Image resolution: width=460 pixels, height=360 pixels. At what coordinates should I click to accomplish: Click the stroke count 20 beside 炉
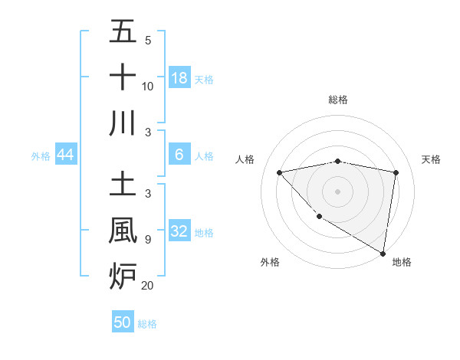[x=147, y=286]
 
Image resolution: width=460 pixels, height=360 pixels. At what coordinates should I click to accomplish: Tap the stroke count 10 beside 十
[x=147, y=86]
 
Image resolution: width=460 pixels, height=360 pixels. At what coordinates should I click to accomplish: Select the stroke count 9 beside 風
[x=147, y=240]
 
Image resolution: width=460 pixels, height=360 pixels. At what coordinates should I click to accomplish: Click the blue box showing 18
[x=179, y=77]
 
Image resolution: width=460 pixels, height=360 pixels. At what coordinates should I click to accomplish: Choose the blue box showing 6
[x=179, y=155]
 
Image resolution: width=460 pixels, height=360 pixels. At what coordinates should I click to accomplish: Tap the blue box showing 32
[x=179, y=231]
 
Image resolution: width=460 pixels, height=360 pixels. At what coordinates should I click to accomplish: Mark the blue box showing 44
[x=65, y=155]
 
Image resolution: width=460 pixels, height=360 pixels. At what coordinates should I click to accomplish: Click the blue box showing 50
[x=123, y=322]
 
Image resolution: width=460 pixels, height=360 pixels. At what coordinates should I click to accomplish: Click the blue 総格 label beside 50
[x=147, y=324]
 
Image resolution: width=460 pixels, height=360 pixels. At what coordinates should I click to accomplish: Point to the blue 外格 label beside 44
[x=41, y=156]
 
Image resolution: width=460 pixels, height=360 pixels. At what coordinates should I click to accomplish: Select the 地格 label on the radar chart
[x=402, y=262]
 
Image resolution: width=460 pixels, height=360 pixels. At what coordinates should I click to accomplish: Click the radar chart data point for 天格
[x=396, y=172]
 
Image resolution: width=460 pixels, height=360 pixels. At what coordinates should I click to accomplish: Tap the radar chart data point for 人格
[x=279, y=172]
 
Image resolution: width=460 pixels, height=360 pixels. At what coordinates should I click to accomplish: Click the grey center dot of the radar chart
[x=337, y=191]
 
